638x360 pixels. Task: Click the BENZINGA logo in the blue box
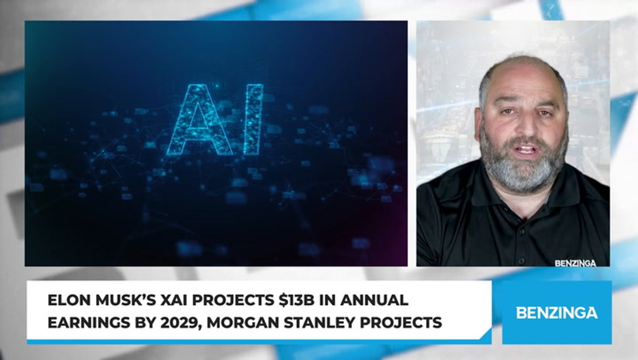(x=556, y=313)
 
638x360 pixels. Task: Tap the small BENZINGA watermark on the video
(x=575, y=263)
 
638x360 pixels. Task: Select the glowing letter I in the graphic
(x=253, y=119)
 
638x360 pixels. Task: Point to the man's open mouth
(x=526, y=149)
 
